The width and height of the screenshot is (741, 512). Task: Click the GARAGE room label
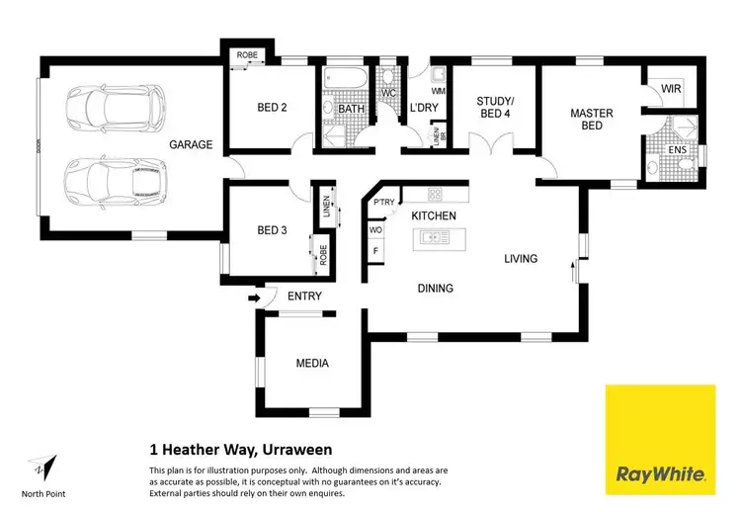pyautogui.click(x=191, y=144)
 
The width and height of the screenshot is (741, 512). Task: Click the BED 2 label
pyautogui.click(x=272, y=108)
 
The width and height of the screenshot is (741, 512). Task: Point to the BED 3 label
pyautogui.click(x=272, y=230)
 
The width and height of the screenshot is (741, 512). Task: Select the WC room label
pyautogui.click(x=388, y=93)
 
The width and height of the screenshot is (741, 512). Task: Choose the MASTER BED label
pyautogui.click(x=591, y=120)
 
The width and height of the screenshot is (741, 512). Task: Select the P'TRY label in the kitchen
pyautogui.click(x=383, y=203)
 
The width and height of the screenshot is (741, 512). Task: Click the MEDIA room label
pyautogui.click(x=312, y=364)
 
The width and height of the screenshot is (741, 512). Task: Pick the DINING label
pyautogui.click(x=435, y=289)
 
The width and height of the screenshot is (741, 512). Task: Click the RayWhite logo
pyautogui.click(x=660, y=439)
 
